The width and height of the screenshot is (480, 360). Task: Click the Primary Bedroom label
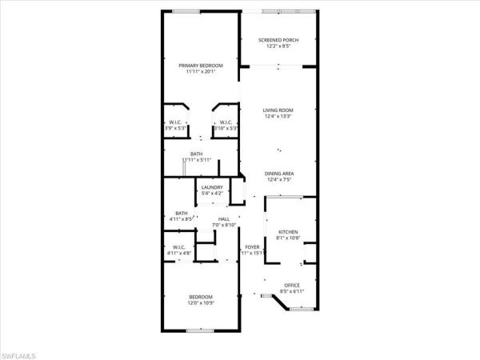(x=200, y=65)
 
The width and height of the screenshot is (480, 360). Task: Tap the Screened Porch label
(x=279, y=40)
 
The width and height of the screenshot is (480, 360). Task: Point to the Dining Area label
(x=279, y=174)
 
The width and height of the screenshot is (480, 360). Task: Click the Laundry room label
(x=212, y=187)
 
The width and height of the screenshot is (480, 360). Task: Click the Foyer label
(x=252, y=247)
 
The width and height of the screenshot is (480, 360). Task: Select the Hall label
(x=224, y=218)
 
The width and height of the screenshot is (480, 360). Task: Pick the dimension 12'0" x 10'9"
(x=201, y=303)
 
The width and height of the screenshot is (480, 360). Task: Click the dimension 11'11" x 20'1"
(x=200, y=71)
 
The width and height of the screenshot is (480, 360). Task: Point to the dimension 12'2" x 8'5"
(x=279, y=46)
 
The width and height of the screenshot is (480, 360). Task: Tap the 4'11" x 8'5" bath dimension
(x=182, y=218)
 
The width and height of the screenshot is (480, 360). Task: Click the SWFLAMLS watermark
(x=23, y=353)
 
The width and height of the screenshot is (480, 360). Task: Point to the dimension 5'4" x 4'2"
(x=212, y=193)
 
